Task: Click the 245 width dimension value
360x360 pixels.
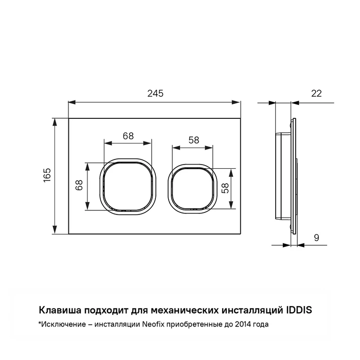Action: (155, 93)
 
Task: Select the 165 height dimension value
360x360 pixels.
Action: (47, 176)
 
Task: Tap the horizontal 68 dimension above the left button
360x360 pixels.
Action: (128, 136)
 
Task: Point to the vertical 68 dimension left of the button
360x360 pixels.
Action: (80, 186)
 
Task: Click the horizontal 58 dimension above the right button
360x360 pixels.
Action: (193, 140)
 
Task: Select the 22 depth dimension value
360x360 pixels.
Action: (316, 93)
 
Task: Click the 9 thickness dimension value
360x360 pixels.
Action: (316, 238)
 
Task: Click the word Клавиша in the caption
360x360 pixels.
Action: (57, 310)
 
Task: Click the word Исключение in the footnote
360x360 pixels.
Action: (60, 325)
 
